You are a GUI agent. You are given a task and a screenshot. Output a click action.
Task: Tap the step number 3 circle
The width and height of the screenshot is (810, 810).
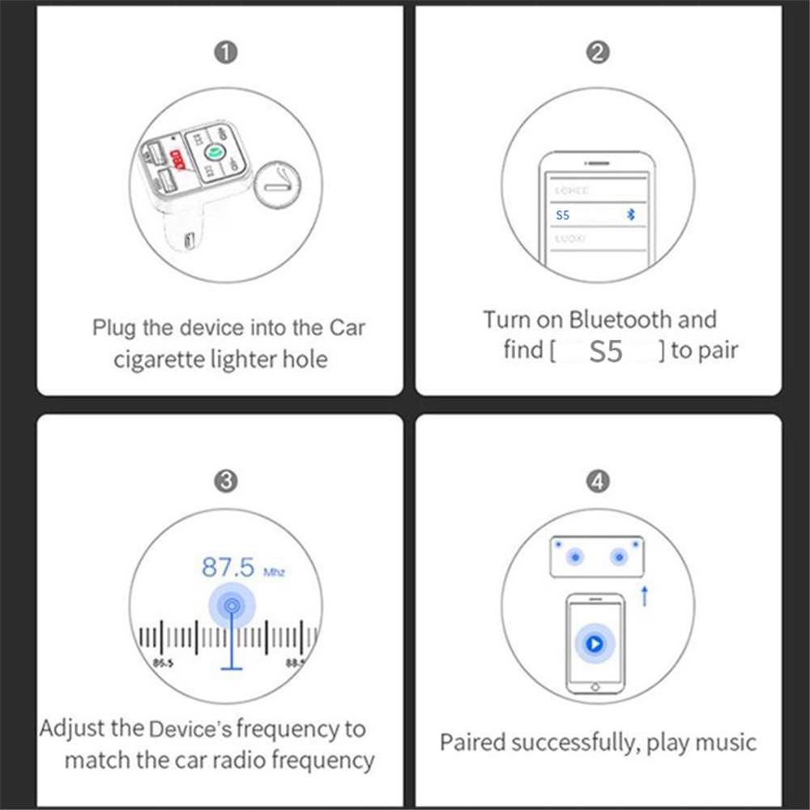pos(226,481)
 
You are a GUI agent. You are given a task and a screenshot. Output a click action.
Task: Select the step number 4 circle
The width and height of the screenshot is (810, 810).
pos(597,483)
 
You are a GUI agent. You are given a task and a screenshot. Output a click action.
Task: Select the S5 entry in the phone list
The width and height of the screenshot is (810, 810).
pos(563,215)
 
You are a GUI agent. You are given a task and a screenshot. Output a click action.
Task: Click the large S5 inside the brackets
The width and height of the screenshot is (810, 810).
pos(606,352)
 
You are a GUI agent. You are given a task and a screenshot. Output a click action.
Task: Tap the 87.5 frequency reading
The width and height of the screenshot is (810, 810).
pos(228,567)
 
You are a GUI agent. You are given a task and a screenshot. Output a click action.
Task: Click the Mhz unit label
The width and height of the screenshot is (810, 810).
pos(275,572)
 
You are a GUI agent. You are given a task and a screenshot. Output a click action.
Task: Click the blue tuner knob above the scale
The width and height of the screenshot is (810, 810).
pos(232,605)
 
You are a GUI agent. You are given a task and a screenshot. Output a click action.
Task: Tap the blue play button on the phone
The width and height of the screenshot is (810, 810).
pos(595,644)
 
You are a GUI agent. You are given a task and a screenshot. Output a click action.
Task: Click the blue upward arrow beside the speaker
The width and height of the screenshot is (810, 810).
pos(645,597)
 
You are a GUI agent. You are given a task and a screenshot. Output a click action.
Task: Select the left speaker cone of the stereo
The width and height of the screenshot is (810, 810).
pos(575,556)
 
